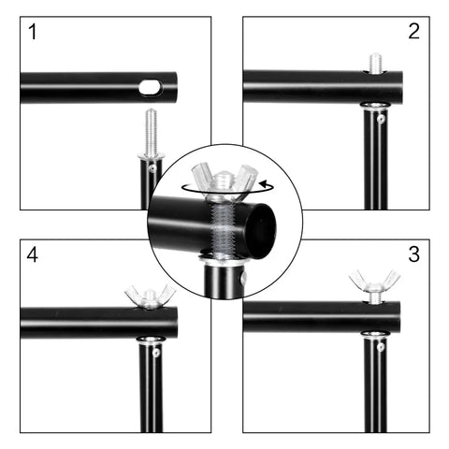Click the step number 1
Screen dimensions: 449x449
click(35, 34)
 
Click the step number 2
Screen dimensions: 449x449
click(413, 32)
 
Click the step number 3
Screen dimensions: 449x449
click(413, 254)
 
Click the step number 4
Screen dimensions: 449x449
click(35, 255)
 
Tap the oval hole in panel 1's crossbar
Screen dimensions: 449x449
click(150, 88)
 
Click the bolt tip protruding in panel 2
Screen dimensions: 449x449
click(375, 63)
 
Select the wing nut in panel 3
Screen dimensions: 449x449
click(374, 283)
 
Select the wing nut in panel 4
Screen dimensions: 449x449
click(150, 297)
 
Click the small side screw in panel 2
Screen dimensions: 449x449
click(381, 119)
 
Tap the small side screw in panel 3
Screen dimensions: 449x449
click(381, 347)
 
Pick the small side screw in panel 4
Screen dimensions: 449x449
click(155, 353)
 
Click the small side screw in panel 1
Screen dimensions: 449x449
click(152, 168)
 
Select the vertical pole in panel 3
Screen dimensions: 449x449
click(374, 393)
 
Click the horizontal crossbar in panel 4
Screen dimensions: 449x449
click(84, 323)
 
